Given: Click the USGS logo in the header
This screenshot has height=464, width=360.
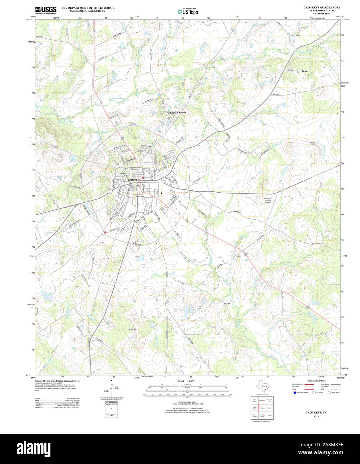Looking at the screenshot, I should coord(46,10).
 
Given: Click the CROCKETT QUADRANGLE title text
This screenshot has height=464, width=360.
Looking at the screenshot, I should coord(322,7).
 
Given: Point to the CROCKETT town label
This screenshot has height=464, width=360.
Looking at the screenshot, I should coord(134,180).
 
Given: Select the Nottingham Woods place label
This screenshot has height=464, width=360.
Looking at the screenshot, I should coord(176,112).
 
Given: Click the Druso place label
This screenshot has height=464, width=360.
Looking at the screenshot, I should coord(305,71).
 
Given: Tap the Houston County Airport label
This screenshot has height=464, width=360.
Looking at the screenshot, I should coord(268,200).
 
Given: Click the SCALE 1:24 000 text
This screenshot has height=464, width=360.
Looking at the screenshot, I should coord(186,381).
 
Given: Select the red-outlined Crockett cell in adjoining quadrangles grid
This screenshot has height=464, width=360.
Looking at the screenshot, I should coord(262,408).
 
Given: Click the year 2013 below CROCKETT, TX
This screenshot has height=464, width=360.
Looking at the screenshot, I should coord(316,416).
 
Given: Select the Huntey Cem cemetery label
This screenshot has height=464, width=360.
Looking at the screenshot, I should coord(133,329).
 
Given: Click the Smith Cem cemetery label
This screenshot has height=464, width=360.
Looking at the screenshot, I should coord(312,143).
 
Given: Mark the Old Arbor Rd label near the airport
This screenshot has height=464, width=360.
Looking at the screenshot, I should coord(235,212).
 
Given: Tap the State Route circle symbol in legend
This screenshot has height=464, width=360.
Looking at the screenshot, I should coord(329,393).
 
